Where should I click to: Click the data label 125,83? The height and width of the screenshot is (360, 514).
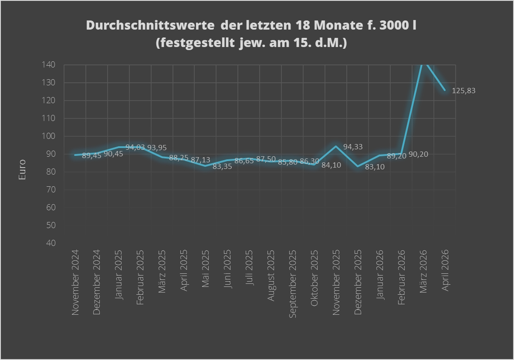(x=463, y=91)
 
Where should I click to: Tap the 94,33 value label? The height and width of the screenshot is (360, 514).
(x=353, y=147)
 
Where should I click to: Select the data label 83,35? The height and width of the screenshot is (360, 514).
(x=222, y=166)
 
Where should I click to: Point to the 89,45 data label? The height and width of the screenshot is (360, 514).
(x=91, y=155)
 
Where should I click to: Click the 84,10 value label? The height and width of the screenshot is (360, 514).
(x=331, y=165)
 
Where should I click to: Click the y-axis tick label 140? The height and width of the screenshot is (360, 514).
(x=49, y=65)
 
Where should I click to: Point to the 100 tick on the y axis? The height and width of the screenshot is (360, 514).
(x=49, y=136)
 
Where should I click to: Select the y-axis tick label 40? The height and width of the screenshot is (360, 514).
(x=51, y=243)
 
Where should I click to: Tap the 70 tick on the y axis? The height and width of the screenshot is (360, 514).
(x=51, y=189)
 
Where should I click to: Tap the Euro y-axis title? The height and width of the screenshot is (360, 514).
(x=22, y=170)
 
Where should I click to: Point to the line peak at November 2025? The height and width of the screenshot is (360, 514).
(x=336, y=146)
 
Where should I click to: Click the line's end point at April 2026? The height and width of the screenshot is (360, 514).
(x=445, y=90)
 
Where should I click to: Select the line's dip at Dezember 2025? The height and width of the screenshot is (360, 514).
(x=358, y=166)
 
